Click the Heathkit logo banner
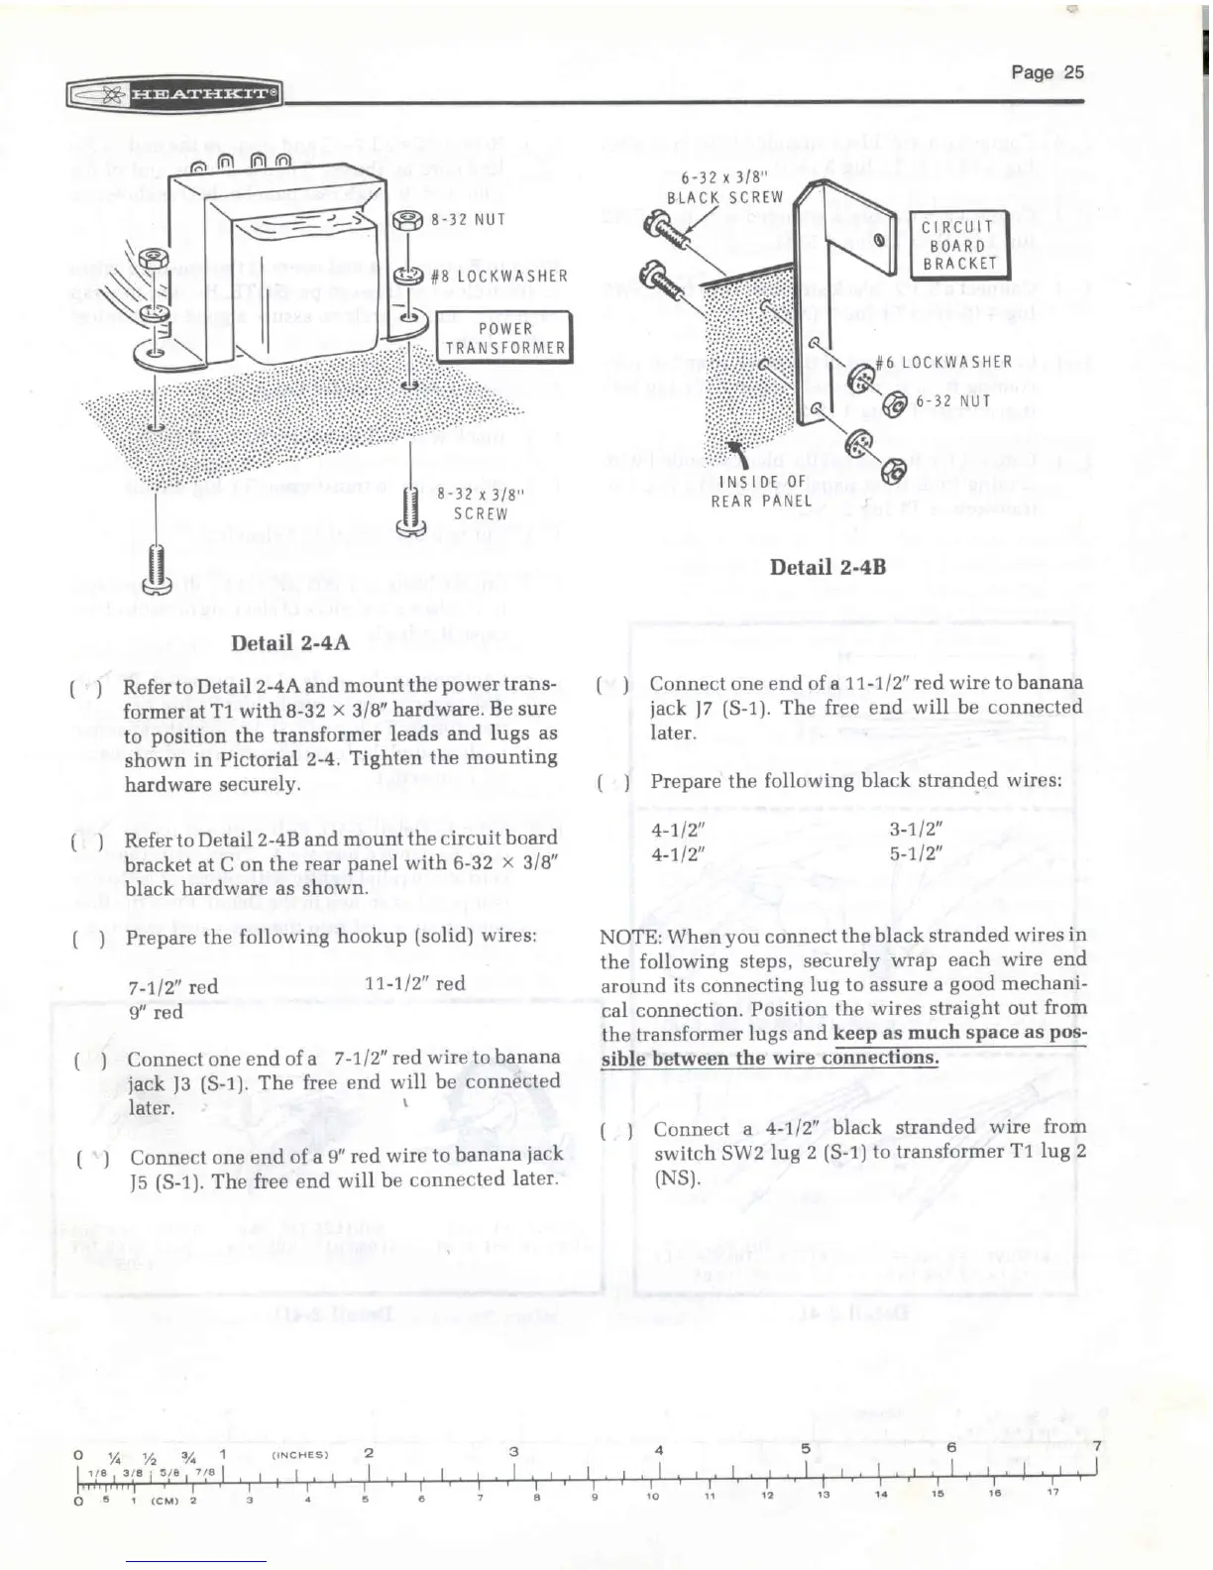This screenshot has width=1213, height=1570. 174,95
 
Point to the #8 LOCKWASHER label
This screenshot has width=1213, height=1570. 499,276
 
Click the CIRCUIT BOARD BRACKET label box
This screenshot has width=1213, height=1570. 958,245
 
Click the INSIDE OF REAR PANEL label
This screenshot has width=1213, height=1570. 761,491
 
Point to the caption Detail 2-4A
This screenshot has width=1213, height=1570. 289,641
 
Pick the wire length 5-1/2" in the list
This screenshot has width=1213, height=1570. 915,852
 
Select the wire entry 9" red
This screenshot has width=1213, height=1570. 156,1012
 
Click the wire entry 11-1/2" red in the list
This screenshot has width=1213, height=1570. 414,984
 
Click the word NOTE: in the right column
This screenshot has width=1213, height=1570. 631,936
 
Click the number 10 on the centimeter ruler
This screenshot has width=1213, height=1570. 653,1495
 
